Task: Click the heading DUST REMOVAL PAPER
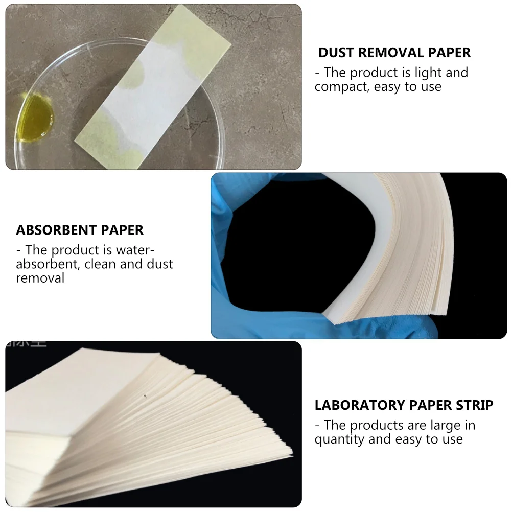point(394,53)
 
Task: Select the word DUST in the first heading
point(335,53)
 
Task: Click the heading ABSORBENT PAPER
point(80,230)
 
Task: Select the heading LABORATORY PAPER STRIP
point(404,406)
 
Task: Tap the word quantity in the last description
point(339,439)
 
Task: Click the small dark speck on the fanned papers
point(146,395)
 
